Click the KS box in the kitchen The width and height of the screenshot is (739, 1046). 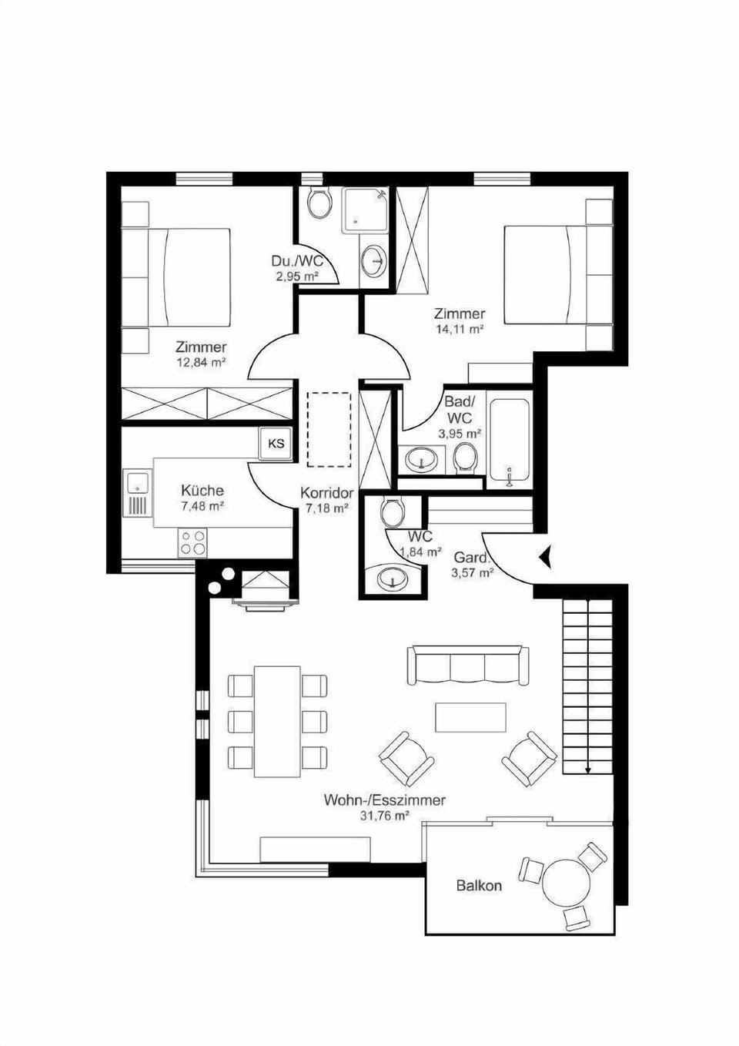[276, 443]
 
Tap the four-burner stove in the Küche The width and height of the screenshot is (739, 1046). [192, 543]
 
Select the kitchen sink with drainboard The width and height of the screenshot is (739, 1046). [138, 494]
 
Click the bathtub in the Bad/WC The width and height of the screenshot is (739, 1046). [509, 440]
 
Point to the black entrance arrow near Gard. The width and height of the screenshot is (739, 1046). [545, 557]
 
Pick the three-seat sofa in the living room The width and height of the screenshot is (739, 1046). [468, 665]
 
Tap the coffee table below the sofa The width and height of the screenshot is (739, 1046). [470, 718]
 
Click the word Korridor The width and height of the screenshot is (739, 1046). [327, 493]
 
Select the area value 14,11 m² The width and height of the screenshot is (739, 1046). [460, 329]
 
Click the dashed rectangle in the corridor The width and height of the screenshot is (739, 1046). [329, 429]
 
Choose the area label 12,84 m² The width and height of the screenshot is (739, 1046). [201, 361]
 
